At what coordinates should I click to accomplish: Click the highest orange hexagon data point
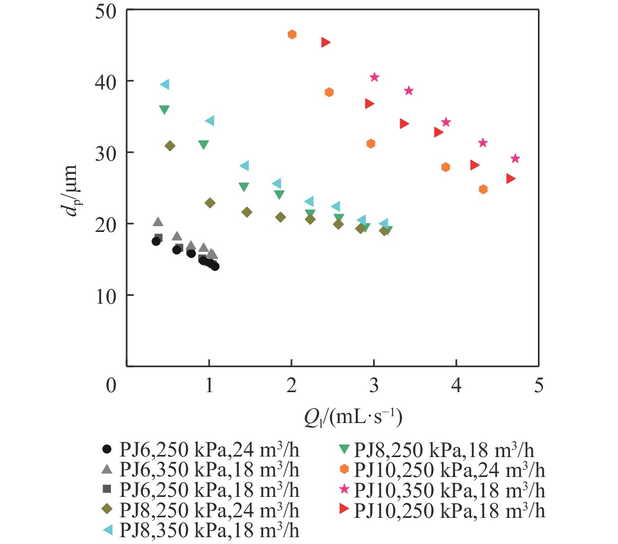tap(292, 35)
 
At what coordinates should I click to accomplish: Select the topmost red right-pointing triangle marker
tap(325, 42)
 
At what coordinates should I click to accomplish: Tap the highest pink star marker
tap(374, 77)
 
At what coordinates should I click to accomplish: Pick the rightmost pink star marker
tap(515, 159)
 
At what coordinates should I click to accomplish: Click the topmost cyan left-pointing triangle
tap(165, 84)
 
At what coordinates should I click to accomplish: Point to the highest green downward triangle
tap(164, 110)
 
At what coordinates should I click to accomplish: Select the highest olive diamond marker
tap(170, 146)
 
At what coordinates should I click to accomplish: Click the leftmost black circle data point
tap(156, 241)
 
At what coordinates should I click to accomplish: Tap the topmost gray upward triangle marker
tap(158, 222)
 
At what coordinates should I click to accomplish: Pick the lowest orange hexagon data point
tap(483, 189)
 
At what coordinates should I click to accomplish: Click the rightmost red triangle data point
tap(511, 179)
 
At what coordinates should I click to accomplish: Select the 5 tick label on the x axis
tap(538, 386)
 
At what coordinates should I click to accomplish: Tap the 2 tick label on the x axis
tap(291, 386)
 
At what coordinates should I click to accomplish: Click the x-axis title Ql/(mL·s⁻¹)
tap(353, 418)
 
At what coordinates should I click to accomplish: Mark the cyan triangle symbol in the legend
tap(107, 530)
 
